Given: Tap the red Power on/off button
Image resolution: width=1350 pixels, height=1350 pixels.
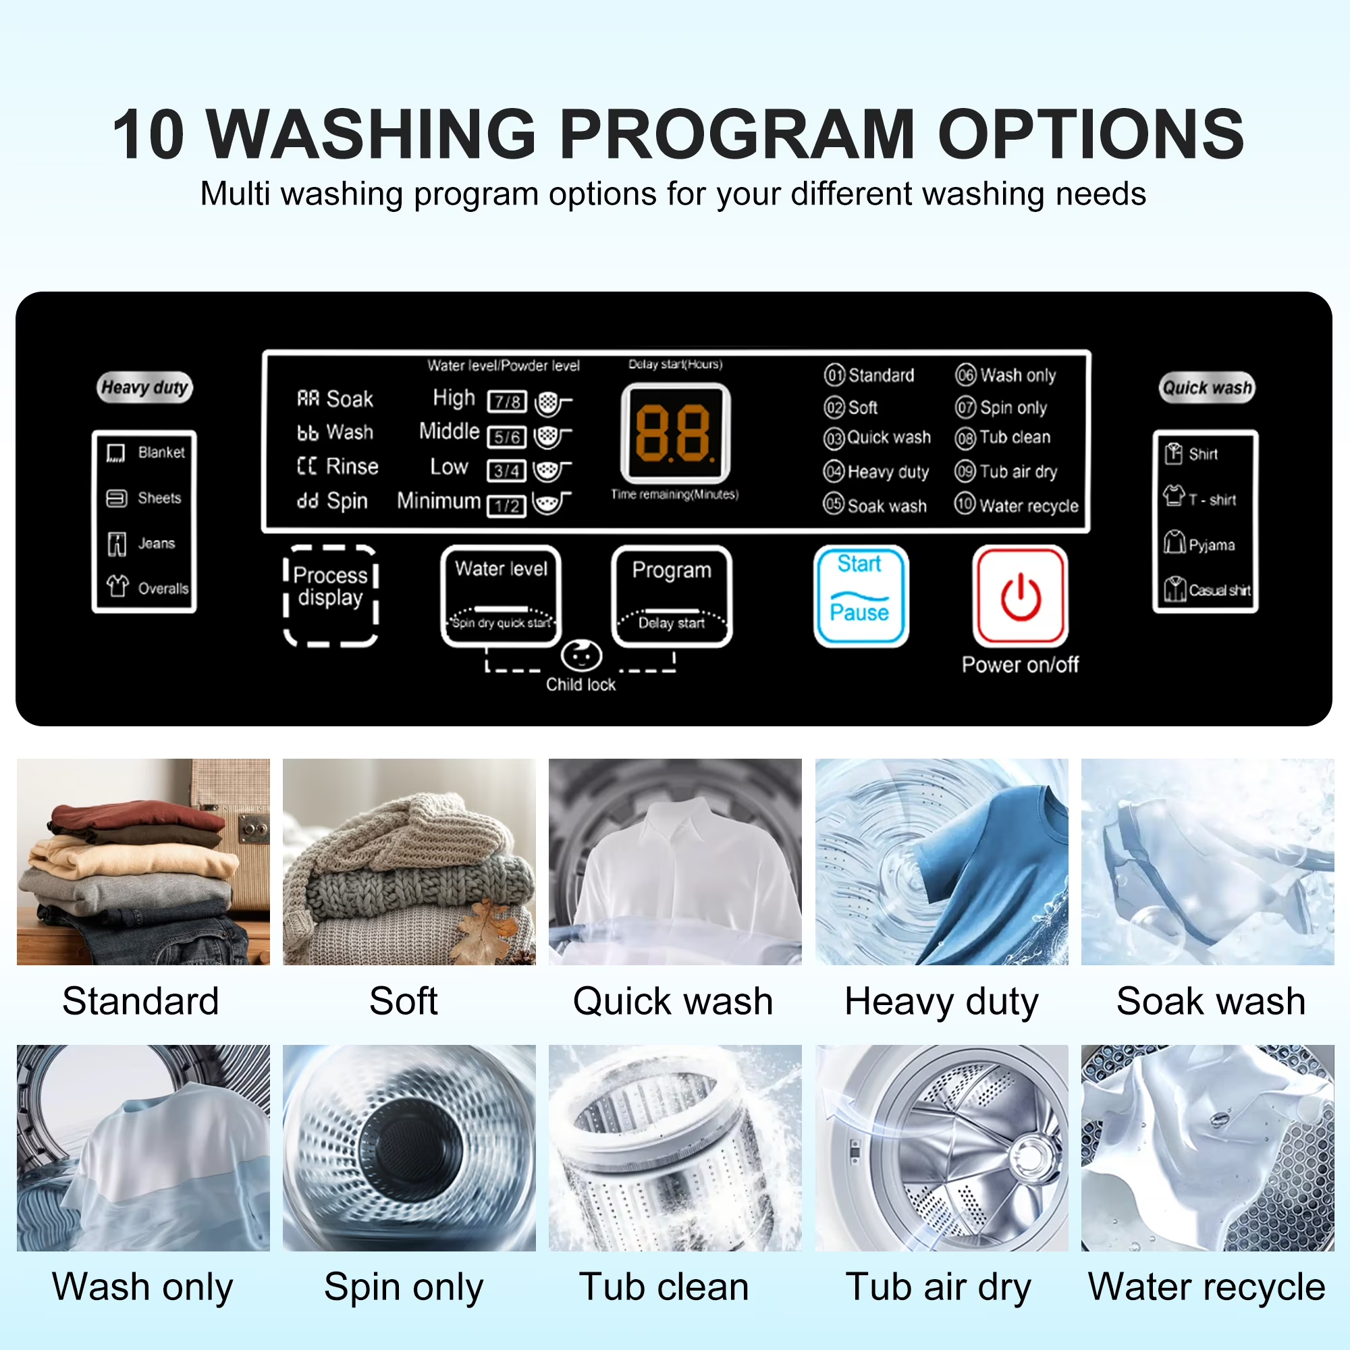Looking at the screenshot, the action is [x=1020, y=597].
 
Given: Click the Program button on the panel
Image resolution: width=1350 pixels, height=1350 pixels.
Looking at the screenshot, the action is [x=672, y=597].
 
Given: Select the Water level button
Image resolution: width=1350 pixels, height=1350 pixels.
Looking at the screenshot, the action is [x=501, y=597].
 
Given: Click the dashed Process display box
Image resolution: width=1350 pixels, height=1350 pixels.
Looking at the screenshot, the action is [x=331, y=596].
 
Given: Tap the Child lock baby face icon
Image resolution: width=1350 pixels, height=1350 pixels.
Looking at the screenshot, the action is [x=581, y=656].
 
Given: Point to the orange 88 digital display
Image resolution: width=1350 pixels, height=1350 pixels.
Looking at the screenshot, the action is [x=675, y=433].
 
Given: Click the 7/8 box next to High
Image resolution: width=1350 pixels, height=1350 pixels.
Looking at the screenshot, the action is [x=507, y=402].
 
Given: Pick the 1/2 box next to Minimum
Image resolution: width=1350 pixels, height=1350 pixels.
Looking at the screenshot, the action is [x=507, y=506].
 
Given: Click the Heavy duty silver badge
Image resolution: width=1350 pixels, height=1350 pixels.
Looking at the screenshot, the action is [x=144, y=387].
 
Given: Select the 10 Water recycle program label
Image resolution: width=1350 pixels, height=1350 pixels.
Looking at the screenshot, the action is [x=1017, y=505].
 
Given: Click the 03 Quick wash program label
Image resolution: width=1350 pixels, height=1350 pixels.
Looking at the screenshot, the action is [x=877, y=438].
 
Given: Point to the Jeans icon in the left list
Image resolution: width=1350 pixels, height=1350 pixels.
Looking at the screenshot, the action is [x=117, y=543].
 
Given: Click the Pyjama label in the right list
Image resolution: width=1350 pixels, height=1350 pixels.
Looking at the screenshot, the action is [x=1212, y=545].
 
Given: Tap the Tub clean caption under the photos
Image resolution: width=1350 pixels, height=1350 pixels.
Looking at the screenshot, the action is [x=664, y=1287].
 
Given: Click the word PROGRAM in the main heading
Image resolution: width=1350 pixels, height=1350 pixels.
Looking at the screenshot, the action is [x=736, y=134].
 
